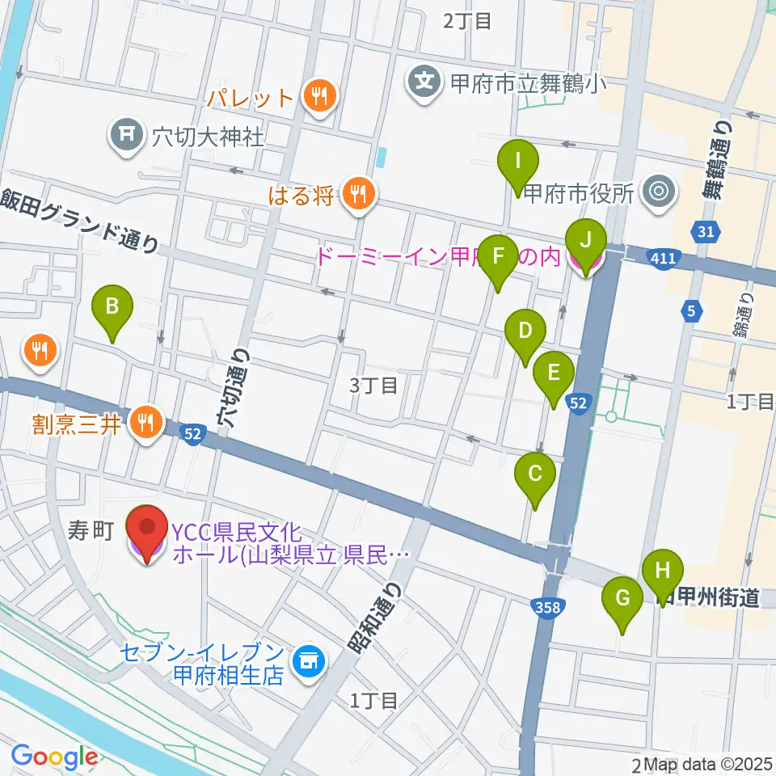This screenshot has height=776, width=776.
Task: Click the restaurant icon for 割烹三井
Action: (x=147, y=421)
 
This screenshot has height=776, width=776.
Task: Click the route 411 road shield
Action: (x=661, y=257)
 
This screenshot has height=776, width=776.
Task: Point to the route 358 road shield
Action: (x=548, y=605)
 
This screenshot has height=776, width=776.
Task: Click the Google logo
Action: (x=54, y=757)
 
